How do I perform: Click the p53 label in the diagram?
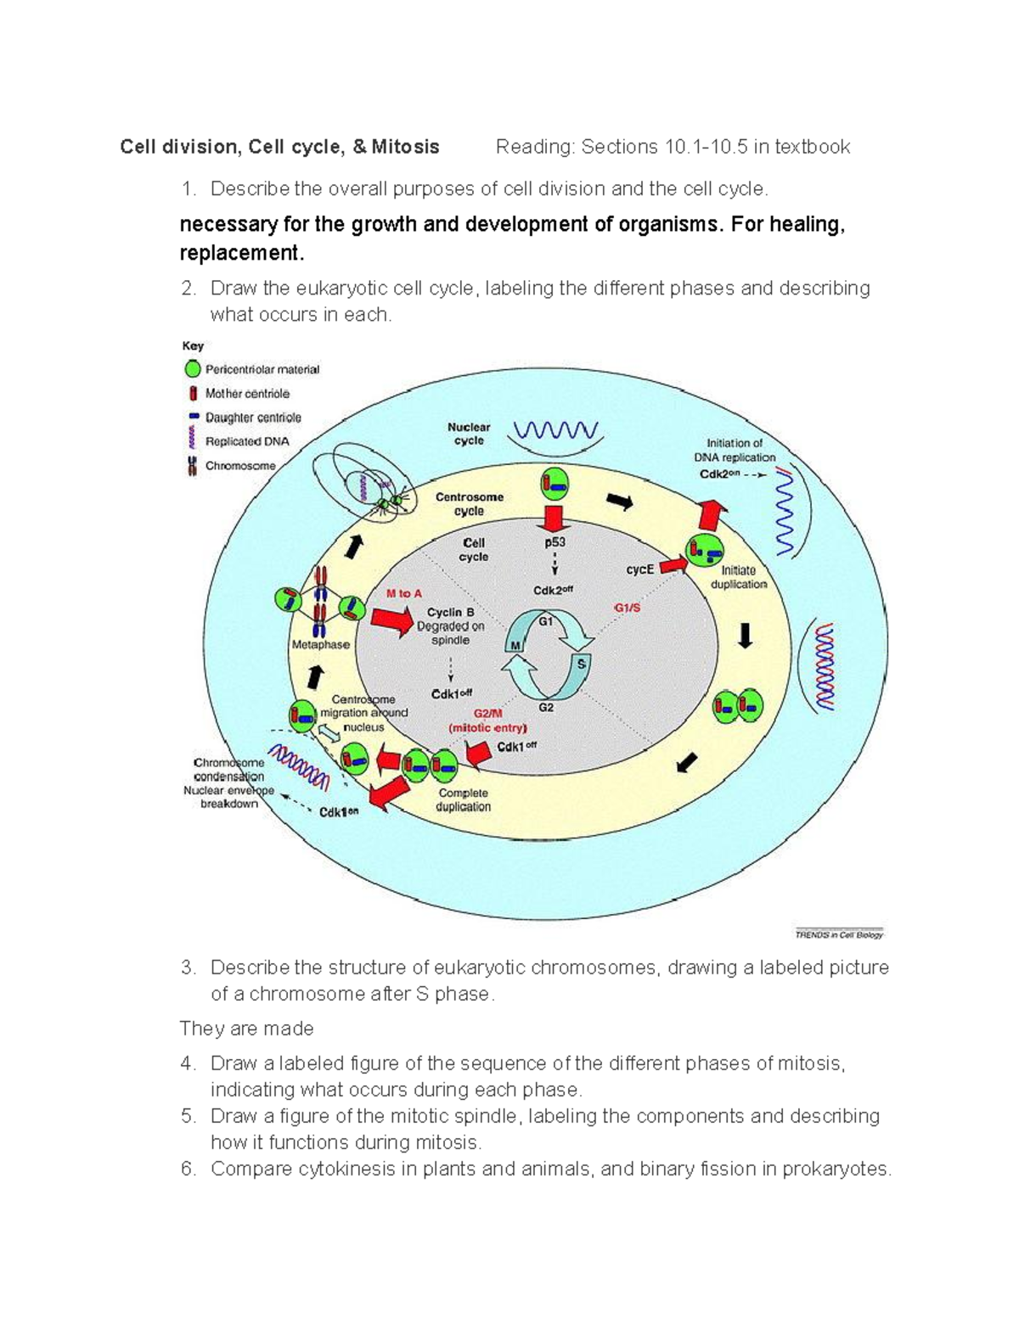coord(555,542)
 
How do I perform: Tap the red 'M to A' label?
coord(404,593)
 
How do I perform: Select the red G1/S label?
coord(627,608)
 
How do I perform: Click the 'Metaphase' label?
coord(321,644)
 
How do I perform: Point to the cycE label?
coord(639,569)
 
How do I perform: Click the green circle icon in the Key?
coord(193,369)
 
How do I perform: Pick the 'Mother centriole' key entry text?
coord(247,394)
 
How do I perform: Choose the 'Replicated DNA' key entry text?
coord(247,441)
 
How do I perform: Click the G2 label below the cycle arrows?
coord(546,707)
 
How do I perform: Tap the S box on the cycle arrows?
coord(582,665)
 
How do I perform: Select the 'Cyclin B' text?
coord(450,612)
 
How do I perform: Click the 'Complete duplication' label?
coord(463,799)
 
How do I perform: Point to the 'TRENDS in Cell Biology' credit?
coord(839,934)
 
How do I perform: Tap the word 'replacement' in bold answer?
coord(239,253)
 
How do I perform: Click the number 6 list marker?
coord(188,1169)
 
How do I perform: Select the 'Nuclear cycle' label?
coord(469,434)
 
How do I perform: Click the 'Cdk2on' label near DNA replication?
coord(720,474)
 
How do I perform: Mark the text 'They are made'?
coord(246,1029)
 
